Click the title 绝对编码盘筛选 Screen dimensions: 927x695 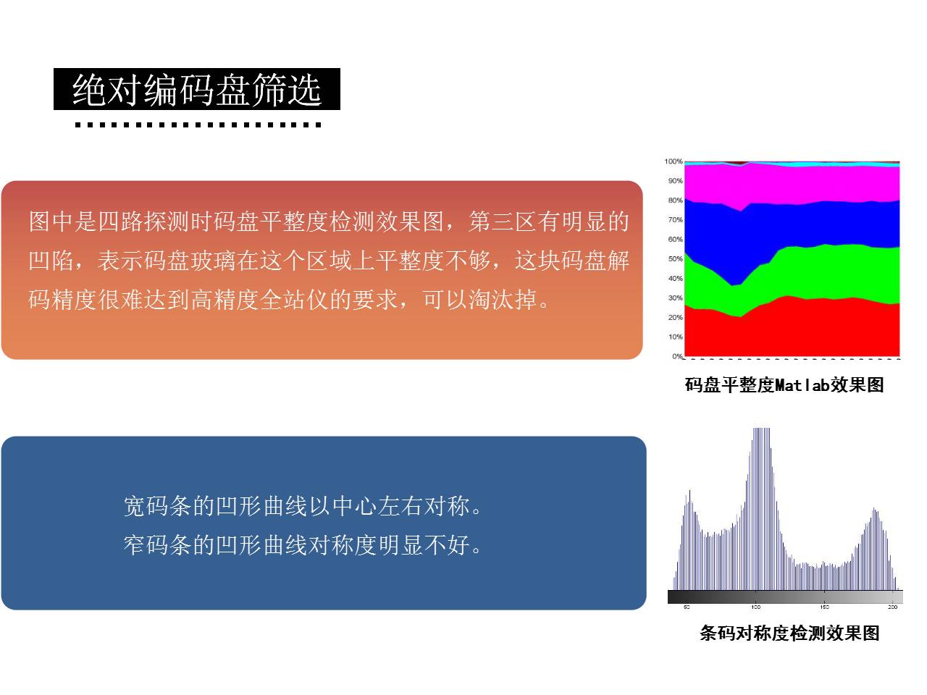pyautogui.click(x=197, y=89)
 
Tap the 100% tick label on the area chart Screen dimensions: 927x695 pyautogui.click(x=674, y=161)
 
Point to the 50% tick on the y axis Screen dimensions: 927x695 pyautogui.click(x=675, y=258)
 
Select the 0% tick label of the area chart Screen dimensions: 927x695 pyautogui.click(x=677, y=356)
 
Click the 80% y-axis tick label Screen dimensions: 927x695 pyautogui.click(x=675, y=201)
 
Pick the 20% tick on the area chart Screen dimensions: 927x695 pyautogui.click(x=675, y=317)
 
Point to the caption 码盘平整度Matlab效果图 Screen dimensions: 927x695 pyautogui.click(x=784, y=385)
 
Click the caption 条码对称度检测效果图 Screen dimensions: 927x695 pyautogui.click(x=789, y=633)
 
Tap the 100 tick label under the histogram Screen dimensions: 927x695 pyautogui.click(x=755, y=607)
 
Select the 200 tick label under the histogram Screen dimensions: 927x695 pyautogui.click(x=892, y=607)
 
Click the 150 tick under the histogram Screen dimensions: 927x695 pyautogui.click(x=824, y=607)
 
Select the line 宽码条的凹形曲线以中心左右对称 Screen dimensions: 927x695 pyautogui.click(x=303, y=506)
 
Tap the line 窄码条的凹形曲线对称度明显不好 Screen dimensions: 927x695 pyautogui.click(x=303, y=544)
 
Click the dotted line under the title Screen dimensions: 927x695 pyautogui.click(x=198, y=125)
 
